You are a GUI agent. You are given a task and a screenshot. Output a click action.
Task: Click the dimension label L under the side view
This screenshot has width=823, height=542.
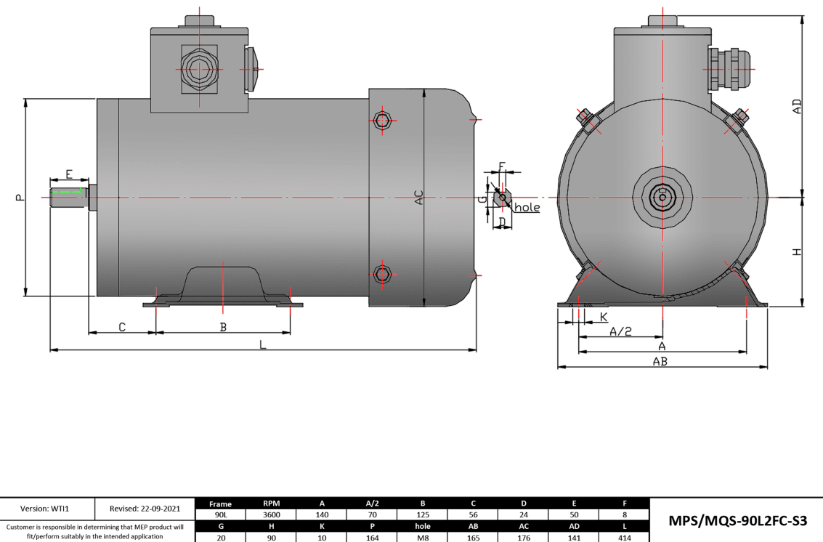(263, 345)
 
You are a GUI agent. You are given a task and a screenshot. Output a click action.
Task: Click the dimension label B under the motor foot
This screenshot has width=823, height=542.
(223, 328)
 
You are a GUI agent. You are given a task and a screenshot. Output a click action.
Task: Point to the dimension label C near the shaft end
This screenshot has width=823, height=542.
(122, 328)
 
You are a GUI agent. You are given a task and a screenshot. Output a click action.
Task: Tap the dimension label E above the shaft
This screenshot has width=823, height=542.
(69, 174)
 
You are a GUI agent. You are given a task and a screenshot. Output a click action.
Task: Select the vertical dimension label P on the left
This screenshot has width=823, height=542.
(20, 197)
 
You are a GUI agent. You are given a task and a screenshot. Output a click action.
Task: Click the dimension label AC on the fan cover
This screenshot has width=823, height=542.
(418, 197)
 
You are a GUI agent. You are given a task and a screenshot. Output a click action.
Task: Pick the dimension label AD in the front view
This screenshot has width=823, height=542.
(797, 107)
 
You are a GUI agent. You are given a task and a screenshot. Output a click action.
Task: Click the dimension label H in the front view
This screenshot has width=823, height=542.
(797, 252)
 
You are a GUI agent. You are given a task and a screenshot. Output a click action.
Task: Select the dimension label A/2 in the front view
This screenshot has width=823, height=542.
(620, 331)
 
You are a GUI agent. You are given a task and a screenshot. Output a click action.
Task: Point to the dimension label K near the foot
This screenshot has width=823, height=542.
(604, 317)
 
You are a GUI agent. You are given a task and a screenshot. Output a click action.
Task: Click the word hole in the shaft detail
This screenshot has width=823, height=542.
(527, 208)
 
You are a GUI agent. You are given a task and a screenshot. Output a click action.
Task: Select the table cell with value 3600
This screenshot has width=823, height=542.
(271, 514)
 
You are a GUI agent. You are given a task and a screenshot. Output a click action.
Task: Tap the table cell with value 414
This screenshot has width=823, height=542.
(624, 538)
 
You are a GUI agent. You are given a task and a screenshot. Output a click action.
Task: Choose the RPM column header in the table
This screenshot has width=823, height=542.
(271, 503)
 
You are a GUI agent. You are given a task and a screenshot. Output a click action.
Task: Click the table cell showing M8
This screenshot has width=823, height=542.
(423, 538)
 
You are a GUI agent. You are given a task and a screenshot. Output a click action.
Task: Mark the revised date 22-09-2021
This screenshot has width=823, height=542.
(145, 508)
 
